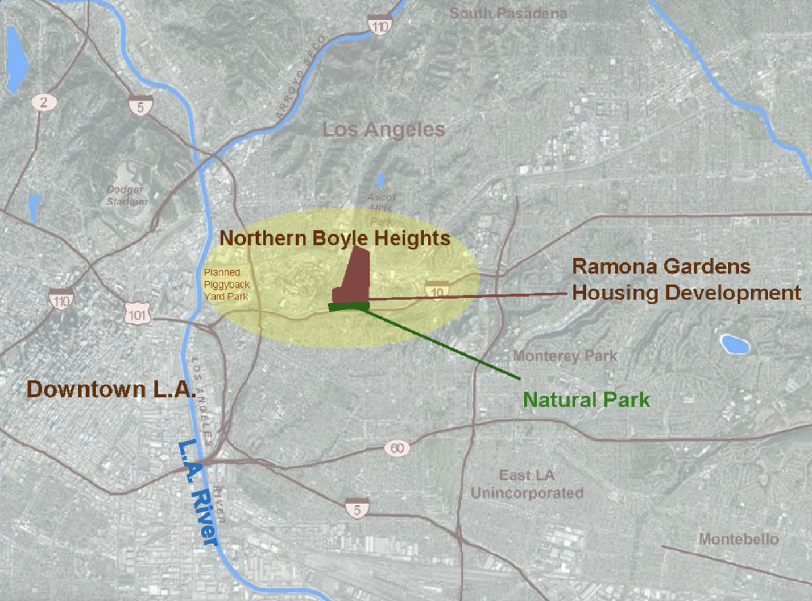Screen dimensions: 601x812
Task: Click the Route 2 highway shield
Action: (44, 102)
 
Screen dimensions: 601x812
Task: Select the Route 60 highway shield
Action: (397, 448)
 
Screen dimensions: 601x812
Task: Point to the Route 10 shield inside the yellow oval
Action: (436, 291)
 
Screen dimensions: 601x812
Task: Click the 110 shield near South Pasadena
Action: (380, 26)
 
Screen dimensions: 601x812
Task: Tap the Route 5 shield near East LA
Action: (357, 508)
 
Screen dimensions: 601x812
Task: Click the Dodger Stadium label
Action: (126, 195)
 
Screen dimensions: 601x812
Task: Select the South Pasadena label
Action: (508, 13)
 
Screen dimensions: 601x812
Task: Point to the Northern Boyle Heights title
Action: (334, 238)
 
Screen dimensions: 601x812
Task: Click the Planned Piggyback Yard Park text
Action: (226, 285)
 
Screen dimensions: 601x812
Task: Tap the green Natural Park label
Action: (586, 400)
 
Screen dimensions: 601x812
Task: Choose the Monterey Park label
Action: (565, 356)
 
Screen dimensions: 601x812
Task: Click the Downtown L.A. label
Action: (111, 389)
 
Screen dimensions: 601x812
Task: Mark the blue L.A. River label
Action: (198, 492)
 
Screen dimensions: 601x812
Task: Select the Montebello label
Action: (738, 539)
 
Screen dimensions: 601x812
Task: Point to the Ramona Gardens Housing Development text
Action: (685, 279)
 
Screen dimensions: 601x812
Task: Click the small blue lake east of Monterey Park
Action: (734, 344)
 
